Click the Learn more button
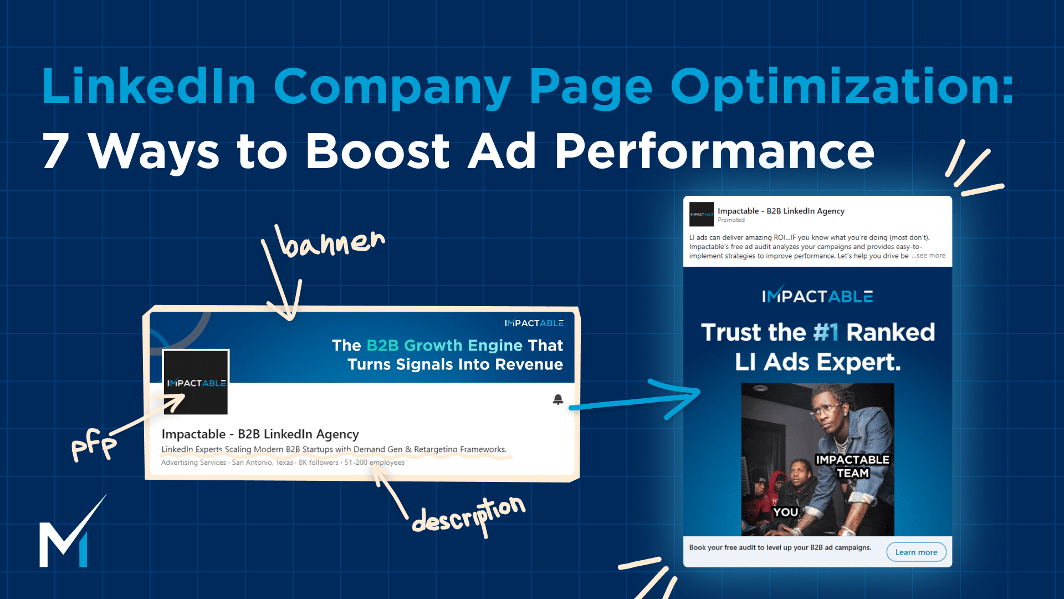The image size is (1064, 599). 916,552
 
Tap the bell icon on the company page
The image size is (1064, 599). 558,399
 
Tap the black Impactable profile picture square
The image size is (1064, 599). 196,382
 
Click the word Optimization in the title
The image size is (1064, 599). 841,87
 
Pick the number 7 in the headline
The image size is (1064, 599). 56,151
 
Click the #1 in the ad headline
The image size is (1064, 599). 826,332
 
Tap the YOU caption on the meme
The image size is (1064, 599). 785,511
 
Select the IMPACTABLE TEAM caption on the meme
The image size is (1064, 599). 852,466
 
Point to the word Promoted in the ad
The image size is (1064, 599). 731,220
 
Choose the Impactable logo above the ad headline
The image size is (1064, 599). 817,296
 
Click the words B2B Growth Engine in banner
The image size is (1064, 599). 444,346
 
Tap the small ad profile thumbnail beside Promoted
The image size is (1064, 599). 701,214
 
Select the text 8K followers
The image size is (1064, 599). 319,463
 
